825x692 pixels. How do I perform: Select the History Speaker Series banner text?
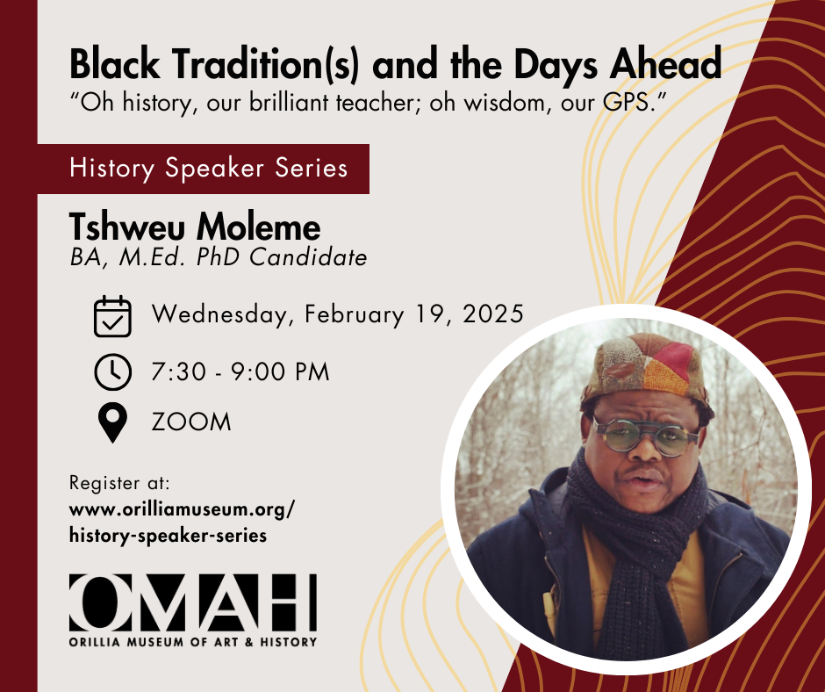point(208,169)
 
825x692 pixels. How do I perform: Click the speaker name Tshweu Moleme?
point(195,227)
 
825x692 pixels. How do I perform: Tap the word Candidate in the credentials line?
point(308,257)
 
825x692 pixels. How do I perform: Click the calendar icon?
point(112,316)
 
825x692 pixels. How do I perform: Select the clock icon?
point(112,371)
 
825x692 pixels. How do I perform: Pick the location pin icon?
point(112,422)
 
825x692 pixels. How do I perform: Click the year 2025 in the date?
point(493,314)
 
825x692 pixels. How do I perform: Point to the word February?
point(355,315)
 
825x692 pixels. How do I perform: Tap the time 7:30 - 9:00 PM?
point(240,371)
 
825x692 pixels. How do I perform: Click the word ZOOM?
point(191,422)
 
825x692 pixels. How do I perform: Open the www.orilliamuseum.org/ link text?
point(182,510)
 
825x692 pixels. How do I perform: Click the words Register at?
point(119,483)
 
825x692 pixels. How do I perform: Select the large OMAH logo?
point(193,602)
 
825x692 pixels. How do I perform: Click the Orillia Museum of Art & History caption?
point(193,642)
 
